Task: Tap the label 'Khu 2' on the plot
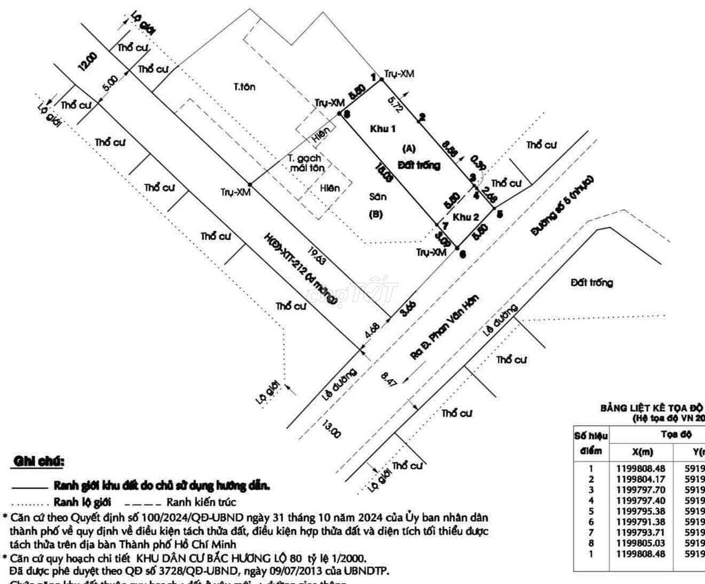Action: tap(466, 217)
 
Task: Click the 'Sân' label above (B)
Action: tap(377, 197)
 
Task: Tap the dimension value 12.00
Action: tap(87, 61)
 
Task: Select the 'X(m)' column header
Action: tap(641, 451)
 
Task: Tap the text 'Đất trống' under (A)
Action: tap(419, 165)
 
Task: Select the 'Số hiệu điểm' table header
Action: tap(590, 443)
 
